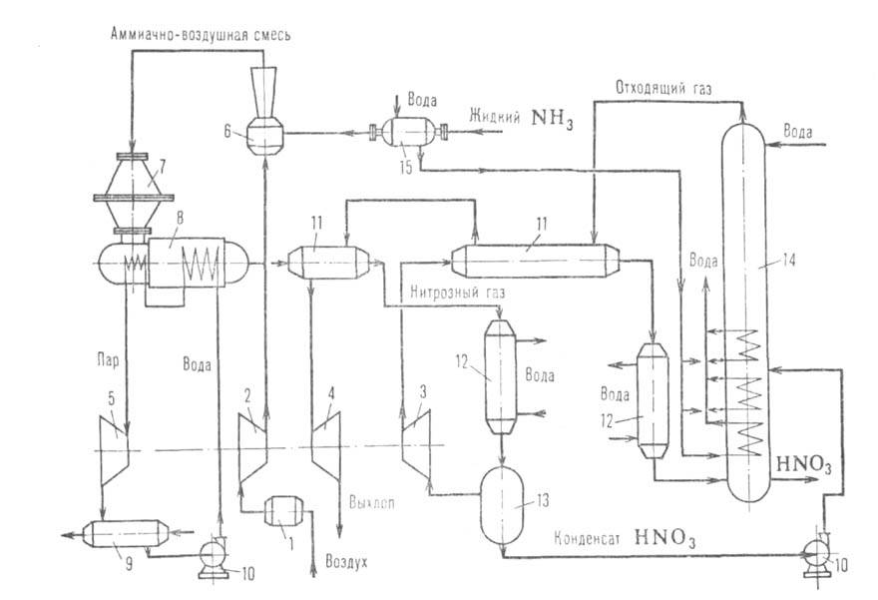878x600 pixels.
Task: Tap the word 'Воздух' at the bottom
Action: [346, 562]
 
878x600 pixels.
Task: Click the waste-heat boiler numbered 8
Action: [190, 265]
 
